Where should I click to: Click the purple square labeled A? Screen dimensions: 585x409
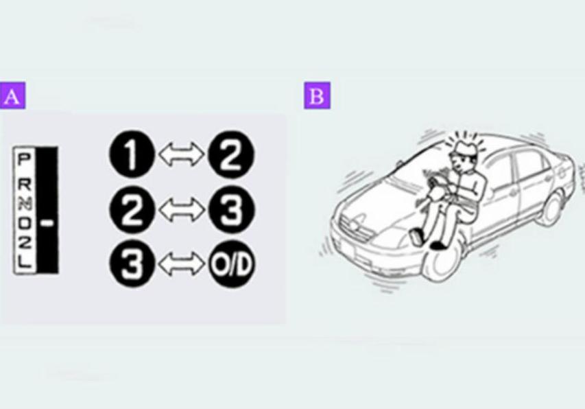(x=12, y=95)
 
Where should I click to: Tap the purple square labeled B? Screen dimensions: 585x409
(x=317, y=95)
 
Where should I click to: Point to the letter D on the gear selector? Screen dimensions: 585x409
(x=24, y=223)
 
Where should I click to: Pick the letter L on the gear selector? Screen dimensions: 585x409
(x=24, y=262)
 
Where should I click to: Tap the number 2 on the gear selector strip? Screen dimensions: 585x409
(x=24, y=243)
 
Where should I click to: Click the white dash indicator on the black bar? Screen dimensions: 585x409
(x=47, y=223)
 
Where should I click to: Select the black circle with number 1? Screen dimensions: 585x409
(x=132, y=154)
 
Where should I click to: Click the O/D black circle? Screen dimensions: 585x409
(x=231, y=264)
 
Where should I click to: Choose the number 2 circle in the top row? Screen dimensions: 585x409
(x=231, y=154)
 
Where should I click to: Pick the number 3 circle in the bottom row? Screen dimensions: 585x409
(x=132, y=264)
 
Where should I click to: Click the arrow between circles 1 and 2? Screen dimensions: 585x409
(x=182, y=154)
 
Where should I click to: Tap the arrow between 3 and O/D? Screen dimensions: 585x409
(x=182, y=264)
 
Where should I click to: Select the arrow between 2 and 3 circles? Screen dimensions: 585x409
(x=182, y=209)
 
